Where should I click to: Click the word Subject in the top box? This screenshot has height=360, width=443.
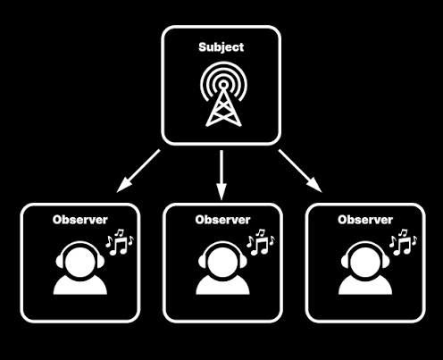click(x=221, y=47)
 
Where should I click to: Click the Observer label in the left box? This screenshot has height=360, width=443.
click(x=79, y=220)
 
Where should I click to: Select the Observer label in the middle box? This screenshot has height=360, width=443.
click(x=222, y=220)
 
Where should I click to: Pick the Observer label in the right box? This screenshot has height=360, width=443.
click(x=365, y=220)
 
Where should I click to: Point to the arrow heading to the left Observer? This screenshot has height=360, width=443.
click(x=138, y=171)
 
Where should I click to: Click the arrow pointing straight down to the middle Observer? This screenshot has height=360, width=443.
click(x=221, y=175)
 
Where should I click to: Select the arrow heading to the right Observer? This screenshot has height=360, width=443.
click(x=300, y=171)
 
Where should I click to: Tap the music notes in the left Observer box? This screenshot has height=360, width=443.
click(x=120, y=242)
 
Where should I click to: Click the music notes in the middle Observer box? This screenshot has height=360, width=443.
click(x=261, y=242)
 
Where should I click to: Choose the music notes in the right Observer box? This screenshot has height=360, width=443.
click(x=404, y=242)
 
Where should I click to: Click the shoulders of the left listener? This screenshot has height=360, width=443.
click(x=79, y=286)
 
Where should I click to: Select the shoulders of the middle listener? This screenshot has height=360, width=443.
click(x=222, y=286)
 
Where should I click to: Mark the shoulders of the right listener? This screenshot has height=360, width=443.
click(x=365, y=286)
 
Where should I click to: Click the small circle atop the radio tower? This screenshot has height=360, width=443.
click(x=223, y=85)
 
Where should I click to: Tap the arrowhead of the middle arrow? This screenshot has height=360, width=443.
click(x=221, y=192)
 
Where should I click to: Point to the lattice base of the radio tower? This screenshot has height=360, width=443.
click(x=223, y=109)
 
